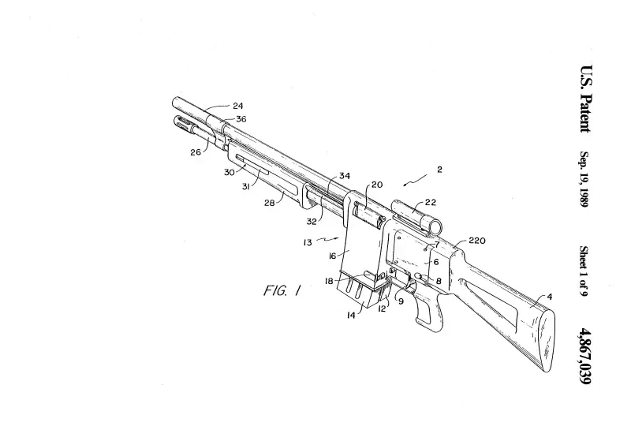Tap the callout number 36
pos(241,119)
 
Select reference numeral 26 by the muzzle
pos(195,152)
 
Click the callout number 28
pos(268,201)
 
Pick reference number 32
pos(312,222)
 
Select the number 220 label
pos(476,240)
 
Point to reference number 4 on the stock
pos(549,297)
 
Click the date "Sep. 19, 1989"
pos(584,180)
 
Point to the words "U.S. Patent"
pos(584,98)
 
